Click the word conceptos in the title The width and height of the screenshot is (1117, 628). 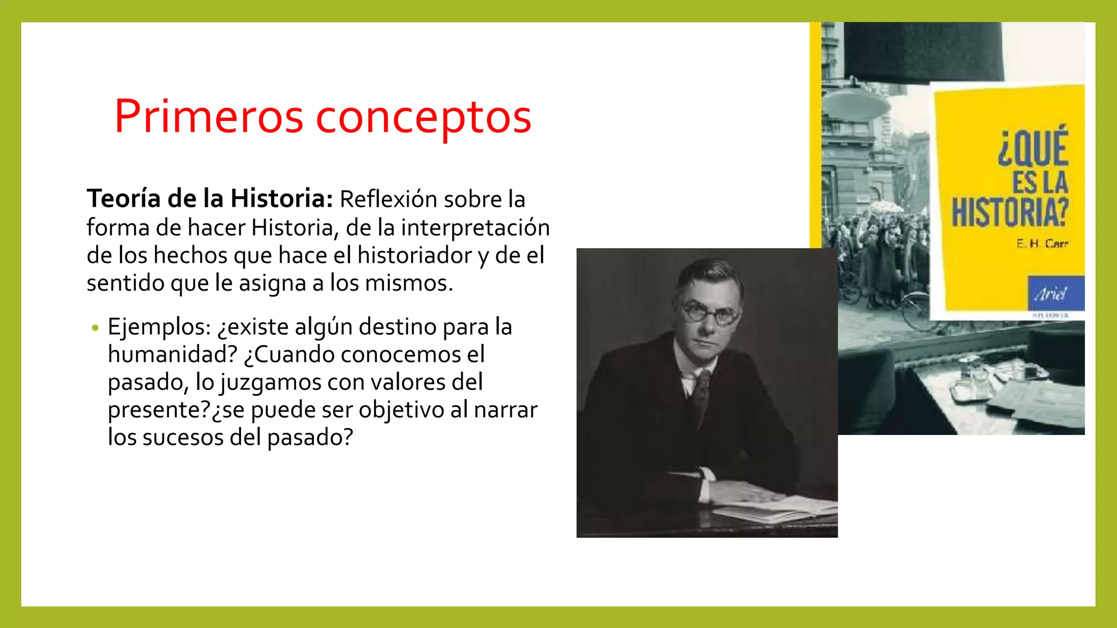coord(423,118)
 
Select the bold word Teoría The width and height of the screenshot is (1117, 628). coord(123,198)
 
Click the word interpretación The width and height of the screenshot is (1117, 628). coord(475,228)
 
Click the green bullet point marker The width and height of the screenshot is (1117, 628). coord(95,328)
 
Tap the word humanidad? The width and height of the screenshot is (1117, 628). coord(172,355)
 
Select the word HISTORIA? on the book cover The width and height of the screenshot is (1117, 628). coord(1010,212)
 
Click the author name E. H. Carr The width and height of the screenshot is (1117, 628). coord(1042,244)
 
